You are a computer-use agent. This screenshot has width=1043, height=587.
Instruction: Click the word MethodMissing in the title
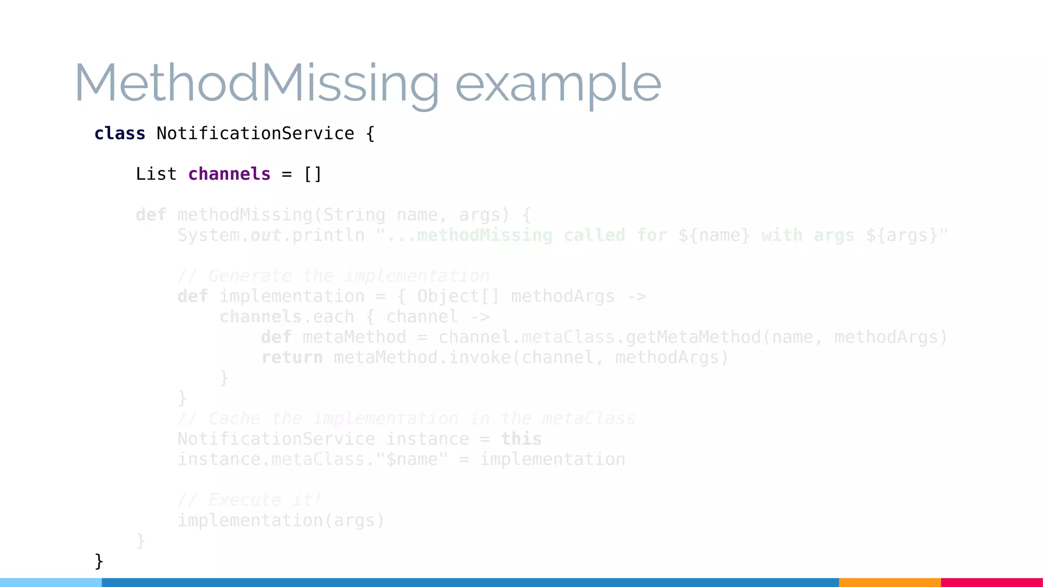[x=257, y=83]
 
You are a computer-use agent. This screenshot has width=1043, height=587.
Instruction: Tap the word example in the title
[x=558, y=84]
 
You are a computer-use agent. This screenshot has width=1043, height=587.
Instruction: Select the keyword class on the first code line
[x=120, y=134]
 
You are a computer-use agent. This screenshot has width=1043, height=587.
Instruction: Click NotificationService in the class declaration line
[x=255, y=134]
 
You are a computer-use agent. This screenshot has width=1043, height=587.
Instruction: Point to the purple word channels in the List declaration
[x=229, y=174]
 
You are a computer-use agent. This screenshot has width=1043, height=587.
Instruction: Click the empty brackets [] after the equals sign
[x=313, y=174]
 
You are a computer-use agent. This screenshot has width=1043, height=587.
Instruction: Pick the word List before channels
[x=156, y=174]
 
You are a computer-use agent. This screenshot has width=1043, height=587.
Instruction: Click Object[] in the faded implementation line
[x=458, y=297]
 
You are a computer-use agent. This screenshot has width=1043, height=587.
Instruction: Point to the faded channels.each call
[x=287, y=317]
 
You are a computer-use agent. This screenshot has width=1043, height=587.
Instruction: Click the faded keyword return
[x=292, y=358]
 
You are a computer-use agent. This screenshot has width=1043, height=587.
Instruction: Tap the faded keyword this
[x=521, y=439]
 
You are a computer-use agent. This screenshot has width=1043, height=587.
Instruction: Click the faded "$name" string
[x=411, y=460]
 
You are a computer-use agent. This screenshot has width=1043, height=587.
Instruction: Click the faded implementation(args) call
[x=281, y=521]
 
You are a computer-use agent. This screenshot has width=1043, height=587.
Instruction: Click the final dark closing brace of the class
[x=99, y=561]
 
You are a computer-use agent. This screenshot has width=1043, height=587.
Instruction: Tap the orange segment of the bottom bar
[x=889, y=582]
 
